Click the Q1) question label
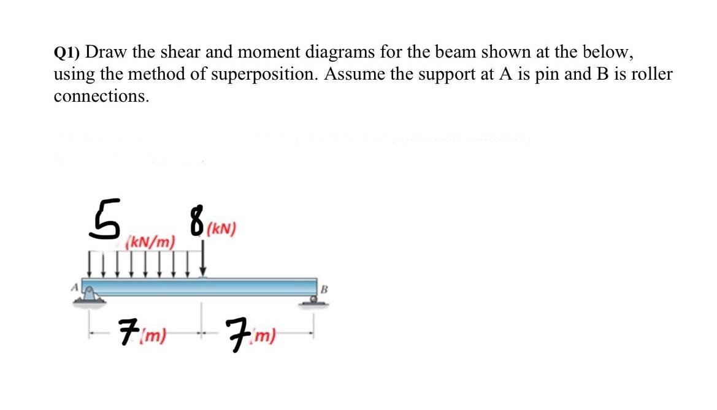click(71, 53)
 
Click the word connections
click(101, 97)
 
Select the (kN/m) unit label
click(150, 243)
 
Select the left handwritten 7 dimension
click(127, 333)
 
